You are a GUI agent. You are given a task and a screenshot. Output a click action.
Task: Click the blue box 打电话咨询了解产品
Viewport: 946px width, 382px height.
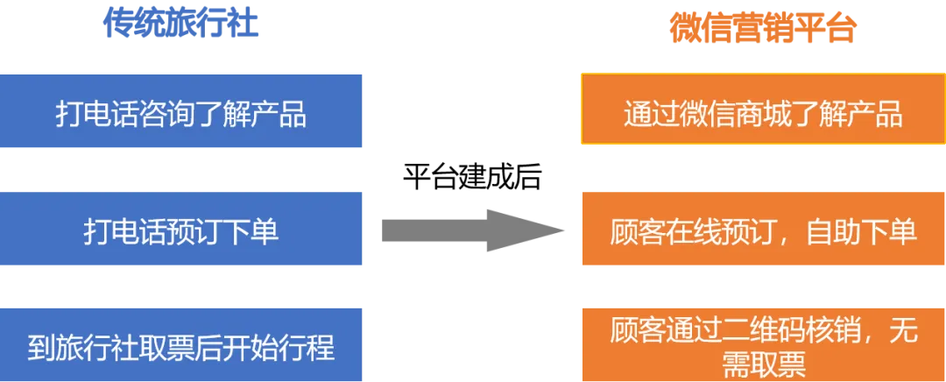(181, 114)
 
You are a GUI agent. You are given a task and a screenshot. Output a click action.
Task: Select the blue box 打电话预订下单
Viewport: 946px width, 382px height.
(181, 230)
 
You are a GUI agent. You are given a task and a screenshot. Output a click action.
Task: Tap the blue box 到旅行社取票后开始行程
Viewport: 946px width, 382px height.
(181, 347)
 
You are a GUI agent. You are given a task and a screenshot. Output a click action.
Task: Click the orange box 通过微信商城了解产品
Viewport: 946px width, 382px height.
(762, 114)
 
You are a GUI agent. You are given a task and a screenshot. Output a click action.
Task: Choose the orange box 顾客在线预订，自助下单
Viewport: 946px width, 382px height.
(762, 231)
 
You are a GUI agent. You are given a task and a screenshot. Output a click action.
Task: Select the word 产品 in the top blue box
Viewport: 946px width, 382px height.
(279, 115)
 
